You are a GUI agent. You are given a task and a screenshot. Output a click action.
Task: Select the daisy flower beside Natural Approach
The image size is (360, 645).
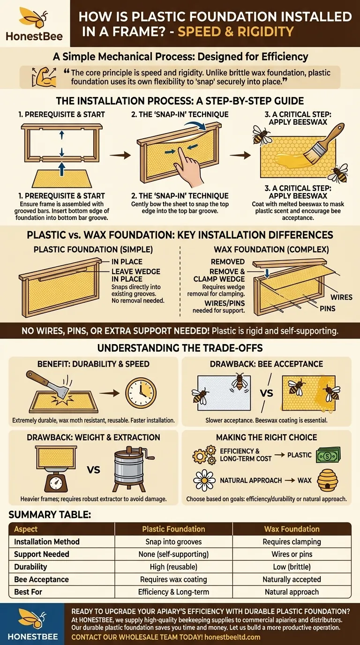pos(204,480)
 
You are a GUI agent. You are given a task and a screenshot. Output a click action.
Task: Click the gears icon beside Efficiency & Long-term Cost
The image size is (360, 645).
pos(204,455)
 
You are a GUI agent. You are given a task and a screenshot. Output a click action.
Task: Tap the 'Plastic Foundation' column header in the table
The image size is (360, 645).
pos(173,529)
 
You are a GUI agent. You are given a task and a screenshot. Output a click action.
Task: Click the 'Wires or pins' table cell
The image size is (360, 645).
pos(292,554)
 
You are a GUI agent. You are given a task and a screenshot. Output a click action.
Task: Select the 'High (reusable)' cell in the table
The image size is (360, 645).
pos(173,567)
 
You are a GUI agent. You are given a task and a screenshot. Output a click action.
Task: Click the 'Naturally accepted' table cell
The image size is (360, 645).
pos(292,579)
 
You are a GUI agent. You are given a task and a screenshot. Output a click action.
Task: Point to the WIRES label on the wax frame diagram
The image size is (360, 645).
pos(341,297)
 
